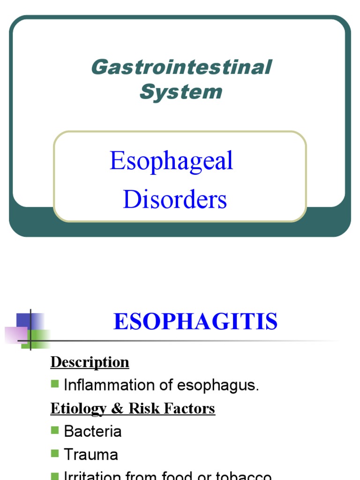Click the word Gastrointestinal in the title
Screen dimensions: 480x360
(x=181, y=67)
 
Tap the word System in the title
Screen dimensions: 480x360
(x=181, y=91)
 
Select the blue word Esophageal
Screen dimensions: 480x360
(x=171, y=161)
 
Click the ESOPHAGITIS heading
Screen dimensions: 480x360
(x=195, y=322)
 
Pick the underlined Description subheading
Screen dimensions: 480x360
(x=90, y=362)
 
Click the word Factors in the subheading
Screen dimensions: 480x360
(x=189, y=409)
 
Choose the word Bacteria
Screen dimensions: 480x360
(x=92, y=431)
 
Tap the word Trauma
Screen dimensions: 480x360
(x=91, y=454)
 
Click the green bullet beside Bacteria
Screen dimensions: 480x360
(x=55, y=430)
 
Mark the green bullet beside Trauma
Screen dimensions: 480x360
(x=55, y=453)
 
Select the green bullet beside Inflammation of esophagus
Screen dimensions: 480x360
(x=55, y=384)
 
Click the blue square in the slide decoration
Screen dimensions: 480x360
(x=23, y=321)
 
